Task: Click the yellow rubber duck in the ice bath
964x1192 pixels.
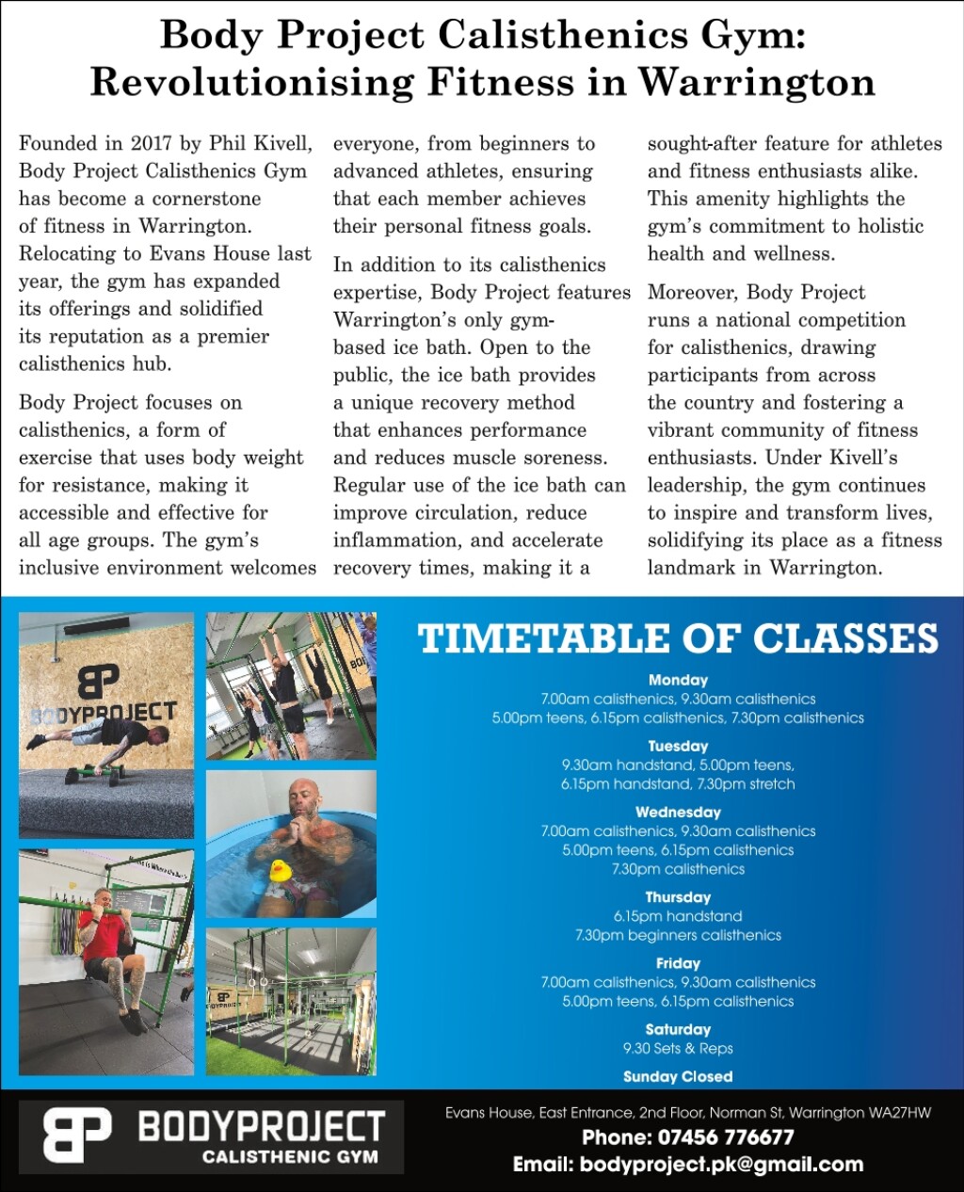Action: (280, 870)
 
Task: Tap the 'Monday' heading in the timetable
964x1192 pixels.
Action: (678, 680)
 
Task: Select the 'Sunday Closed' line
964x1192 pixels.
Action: (678, 1076)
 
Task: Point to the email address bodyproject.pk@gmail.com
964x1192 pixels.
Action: (721, 1165)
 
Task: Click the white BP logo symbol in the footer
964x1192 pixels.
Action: (77, 1135)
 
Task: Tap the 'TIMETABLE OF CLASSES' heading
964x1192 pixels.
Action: (678, 638)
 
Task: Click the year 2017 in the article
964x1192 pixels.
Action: (151, 144)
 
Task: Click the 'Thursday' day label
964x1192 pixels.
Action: (678, 897)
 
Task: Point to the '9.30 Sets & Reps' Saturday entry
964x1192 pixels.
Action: (678, 1048)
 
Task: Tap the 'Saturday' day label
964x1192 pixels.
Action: (678, 1029)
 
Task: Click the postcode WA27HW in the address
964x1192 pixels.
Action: (900, 1113)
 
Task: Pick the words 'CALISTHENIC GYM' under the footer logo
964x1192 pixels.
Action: (290, 1156)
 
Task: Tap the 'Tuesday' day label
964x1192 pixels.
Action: (678, 746)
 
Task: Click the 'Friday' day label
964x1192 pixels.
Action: (678, 963)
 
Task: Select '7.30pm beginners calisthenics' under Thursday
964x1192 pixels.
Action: (678, 935)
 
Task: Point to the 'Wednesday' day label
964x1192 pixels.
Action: (678, 812)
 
